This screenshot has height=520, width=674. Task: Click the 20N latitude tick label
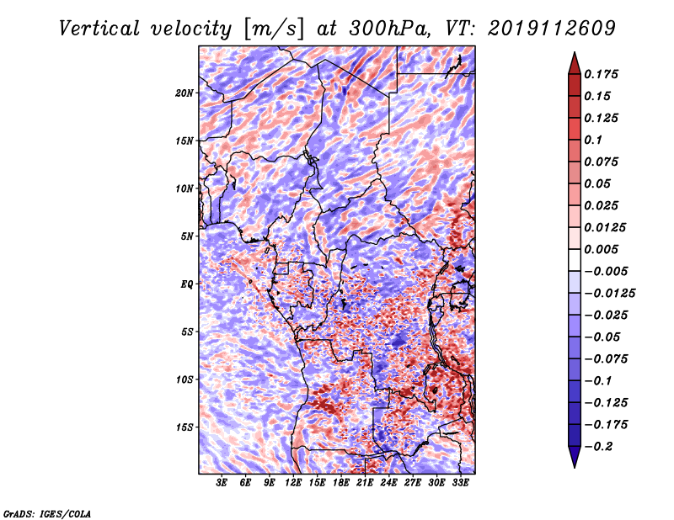pos(184,93)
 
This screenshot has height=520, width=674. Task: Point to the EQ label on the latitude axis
pos(187,284)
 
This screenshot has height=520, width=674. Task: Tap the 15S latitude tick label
pos(184,427)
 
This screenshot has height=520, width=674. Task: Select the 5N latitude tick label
pos(187,236)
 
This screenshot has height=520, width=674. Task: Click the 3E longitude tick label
pos(222,482)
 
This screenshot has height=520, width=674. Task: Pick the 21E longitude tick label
pos(364,482)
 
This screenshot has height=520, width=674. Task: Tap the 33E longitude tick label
pos(460,482)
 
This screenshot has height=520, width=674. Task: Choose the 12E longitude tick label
pos(292,482)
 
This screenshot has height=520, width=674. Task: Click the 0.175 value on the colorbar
pos(601,74)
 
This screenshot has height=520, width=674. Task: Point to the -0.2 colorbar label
pos(598,447)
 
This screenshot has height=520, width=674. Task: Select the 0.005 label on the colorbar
pos(601,249)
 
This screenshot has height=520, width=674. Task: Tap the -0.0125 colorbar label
pos(609,294)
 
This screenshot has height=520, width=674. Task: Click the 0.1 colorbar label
pos(593,140)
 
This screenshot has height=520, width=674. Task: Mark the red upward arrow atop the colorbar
pos(575,64)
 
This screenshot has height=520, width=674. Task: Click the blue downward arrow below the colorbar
pos(575,457)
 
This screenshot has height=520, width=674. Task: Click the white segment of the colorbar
pos(575,260)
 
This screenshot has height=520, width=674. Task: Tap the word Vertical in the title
pos(99,29)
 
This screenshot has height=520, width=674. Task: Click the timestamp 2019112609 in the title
pos(552,29)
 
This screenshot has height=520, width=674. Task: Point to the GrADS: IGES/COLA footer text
pos(47,513)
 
